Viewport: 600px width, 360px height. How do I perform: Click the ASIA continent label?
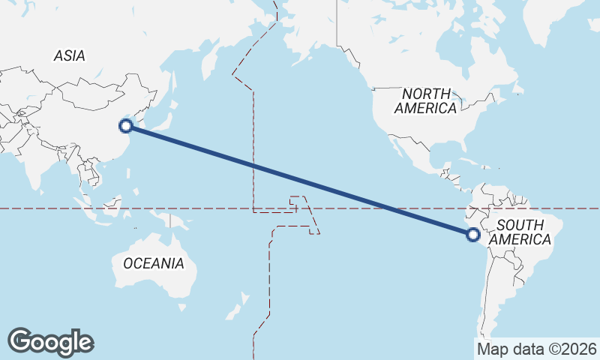pos(69,55)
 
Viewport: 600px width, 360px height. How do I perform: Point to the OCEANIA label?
pos(153,263)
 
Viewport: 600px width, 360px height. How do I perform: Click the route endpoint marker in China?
pos(127,126)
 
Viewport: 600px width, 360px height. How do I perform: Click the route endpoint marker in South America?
pos(472,235)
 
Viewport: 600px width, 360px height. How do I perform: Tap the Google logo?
pos(50,342)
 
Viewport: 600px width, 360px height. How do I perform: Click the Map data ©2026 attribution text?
pos(536,349)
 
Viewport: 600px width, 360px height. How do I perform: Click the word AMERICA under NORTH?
pos(426,109)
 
